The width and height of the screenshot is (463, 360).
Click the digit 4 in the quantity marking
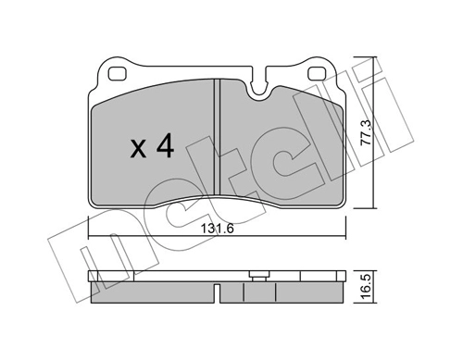coord(165,144)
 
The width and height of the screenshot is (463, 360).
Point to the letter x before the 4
coord(137,147)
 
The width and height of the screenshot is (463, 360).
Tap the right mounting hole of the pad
coord(317,74)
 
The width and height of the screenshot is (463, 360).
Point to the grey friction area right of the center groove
coord(278,148)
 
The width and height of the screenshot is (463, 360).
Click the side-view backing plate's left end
coord(93,277)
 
